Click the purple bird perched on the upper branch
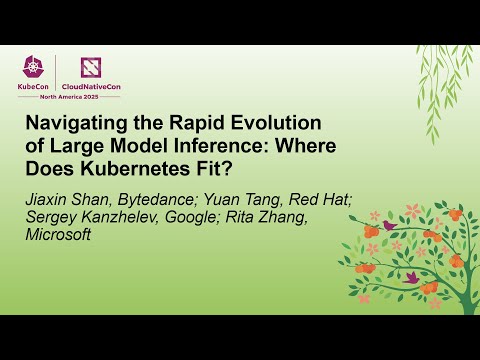pyautogui.click(x=389, y=226)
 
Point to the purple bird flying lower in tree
pyautogui.click(x=410, y=276)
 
